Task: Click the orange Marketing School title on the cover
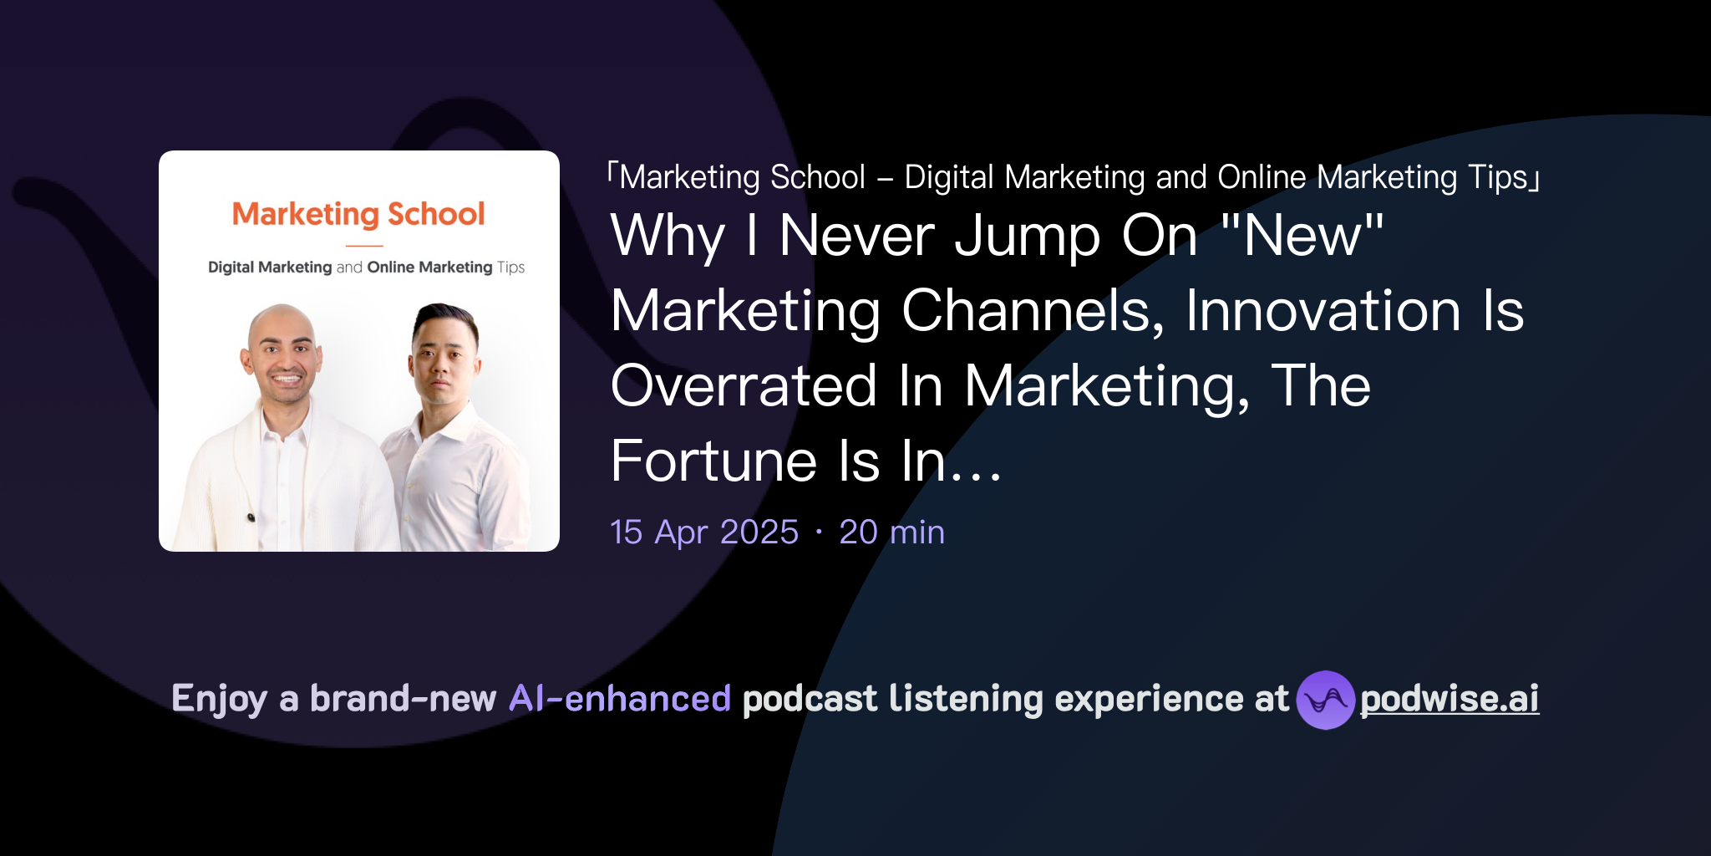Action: [x=358, y=214]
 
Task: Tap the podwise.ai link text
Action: [x=1450, y=699]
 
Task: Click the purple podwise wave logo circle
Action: [x=1325, y=700]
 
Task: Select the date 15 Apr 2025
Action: [x=704, y=532]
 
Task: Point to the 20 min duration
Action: [x=891, y=532]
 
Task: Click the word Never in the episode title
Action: [x=856, y=236]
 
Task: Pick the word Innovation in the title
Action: [x=1323, y=311]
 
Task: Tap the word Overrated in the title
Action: [x=744, y=386]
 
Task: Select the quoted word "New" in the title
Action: [x=1302, y=236]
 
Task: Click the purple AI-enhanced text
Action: [x=620, y=699]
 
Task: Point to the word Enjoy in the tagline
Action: [x=219, y=699]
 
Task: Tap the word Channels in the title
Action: [x=1033, y=311]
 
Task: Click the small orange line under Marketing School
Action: [x=364, y=246]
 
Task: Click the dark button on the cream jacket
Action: [x=251, y=518]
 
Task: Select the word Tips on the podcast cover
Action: [x=510, y=267]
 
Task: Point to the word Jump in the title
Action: [x=1028, y=237]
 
